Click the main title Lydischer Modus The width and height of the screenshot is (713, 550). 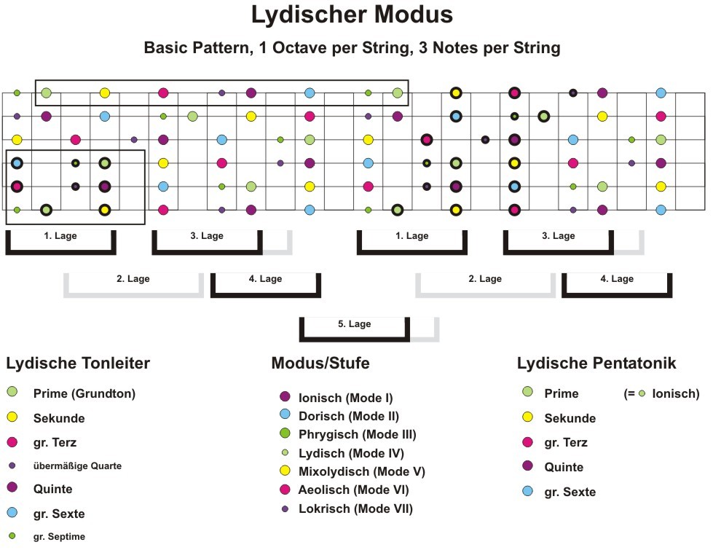click(x=352, y=15)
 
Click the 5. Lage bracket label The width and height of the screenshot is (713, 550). click(x=354, y=324)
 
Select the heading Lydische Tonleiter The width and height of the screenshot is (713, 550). click(x=78, y=364)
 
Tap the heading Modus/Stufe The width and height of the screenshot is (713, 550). click(x=320, y=363)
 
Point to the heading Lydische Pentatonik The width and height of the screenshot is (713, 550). click(x=596, y=364)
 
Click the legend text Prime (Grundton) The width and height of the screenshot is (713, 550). click(x=84, y=393)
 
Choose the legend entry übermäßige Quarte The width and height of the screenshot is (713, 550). click(x=77, y=465)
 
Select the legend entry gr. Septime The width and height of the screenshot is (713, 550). click(x=59, y=537)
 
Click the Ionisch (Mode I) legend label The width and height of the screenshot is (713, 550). click(x=346, y=398)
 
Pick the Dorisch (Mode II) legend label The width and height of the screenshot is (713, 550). click(x=349, y=416)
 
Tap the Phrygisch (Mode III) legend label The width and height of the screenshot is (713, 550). click(x=358, y=435)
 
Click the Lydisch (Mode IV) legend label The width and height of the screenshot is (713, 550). click(x=351, y=454)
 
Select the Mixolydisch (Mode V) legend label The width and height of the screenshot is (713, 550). click(x=361, y=472)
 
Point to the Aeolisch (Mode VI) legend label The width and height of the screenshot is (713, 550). click(x=353, y=490)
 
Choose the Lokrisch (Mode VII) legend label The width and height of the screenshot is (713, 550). click(x=355, y=508)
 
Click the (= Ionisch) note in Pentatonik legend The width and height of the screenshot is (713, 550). click(x=661, y=393)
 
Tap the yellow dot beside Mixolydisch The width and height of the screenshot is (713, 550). click(x=285, y=471)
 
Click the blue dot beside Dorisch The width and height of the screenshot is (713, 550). click(x=285, y=414)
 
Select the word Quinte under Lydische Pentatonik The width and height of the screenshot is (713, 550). click(x=564, y=467)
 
